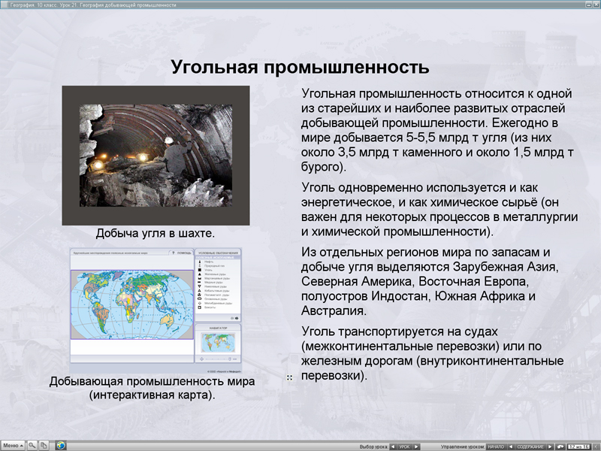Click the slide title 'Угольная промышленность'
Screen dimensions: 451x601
pyautogui.click(x=300, y=67)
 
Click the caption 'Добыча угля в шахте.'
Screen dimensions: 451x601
pyautogui.click(x=156, y=234)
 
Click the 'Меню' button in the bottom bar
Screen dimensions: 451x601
pyautogui.click(x=13, y=445)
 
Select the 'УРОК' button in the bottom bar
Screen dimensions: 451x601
pyautogui.click(x=404, y=446)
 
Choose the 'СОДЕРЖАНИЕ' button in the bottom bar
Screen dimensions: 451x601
pyautogui.click(x=530, y=446)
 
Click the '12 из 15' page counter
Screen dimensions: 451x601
pyautogui.click(x=579, y=446)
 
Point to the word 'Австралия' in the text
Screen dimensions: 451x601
pyautogui.click(x=334, y=310)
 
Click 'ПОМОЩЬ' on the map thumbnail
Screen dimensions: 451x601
pyautogui.click(x=183, y=253)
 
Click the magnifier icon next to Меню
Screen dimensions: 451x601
pyautogui.click(x=32, y=445)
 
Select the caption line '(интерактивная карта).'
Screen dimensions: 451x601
pyautogui.click(x=152, y=395)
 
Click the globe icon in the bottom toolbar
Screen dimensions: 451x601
pyautogui.click(x=60, y=445)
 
